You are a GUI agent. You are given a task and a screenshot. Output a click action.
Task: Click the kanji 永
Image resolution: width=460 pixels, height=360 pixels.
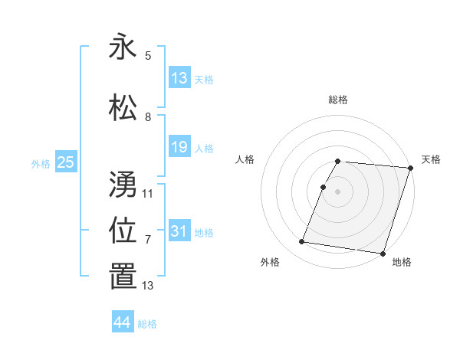pyautogui.click(x=123, y=47)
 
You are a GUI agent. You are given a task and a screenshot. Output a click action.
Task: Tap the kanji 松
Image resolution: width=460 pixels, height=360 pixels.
pyautogui.click(x=123, y=108)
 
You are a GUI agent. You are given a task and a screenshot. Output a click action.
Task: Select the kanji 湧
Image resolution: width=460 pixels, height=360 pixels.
pyautogui.click(x=123, y=185)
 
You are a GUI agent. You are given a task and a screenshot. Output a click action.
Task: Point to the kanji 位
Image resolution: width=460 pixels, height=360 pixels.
pyautogui.click(x=123, y=231)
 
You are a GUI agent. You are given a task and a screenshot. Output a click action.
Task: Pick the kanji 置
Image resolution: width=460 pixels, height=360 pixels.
pyautogui.click(x=123, y=277)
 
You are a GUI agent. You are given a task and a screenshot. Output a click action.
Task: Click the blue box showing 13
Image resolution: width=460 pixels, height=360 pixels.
pyautogui.click(x=179, y=78)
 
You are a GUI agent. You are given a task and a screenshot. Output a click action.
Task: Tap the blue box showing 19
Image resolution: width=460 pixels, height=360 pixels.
pyautogui.click(x=179, y=147)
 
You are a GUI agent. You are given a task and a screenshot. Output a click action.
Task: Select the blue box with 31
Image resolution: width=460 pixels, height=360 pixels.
pyautogui.click(x=179, y=231)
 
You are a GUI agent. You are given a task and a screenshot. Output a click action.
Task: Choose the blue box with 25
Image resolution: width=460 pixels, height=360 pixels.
pyautogui.click(x=65, y=162)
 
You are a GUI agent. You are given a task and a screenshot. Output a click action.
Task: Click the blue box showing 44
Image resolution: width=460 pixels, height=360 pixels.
pyautogui.click(x=123, y=322)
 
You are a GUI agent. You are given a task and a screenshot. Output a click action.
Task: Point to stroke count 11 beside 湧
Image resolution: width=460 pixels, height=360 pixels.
pyautogui.click(x=148, y=194)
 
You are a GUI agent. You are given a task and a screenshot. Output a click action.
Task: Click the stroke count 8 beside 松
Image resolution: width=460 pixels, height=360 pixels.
pyautogui.click(x=148, y=117)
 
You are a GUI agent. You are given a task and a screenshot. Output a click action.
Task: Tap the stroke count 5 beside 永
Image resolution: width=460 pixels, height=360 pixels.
pyautogui.click(x=148, y=56)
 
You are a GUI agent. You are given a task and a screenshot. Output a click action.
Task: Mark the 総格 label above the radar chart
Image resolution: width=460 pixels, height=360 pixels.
pyautogui.click(x=338, y=100)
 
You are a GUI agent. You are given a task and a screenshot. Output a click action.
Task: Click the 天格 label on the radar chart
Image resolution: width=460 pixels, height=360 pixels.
pyautogui.click(x=431, y=159)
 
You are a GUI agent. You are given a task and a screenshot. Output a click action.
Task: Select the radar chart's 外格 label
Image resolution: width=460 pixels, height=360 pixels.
pyautogui.click(x=270, y=262)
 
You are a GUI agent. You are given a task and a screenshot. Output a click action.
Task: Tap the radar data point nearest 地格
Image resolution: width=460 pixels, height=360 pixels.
pyautogui.click(x=383, y=253)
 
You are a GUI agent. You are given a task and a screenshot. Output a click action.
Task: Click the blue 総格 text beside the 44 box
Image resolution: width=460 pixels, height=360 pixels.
pyautogui.click(x=147, y=324)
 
